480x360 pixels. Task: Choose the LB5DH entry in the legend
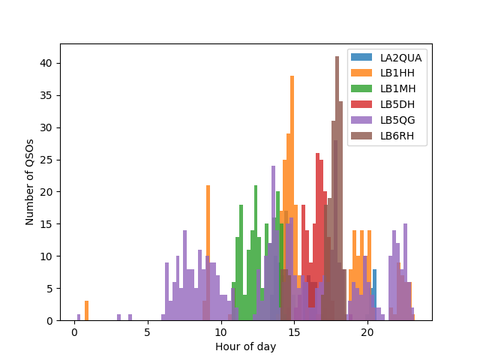click(x=397, y=104)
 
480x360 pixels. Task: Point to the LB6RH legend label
click(x=397, y=136)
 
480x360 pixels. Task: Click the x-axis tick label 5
click(x=148, y=331)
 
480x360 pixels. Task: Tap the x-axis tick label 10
click(x=220, y=331)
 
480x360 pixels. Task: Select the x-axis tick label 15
click(x=294, y=331)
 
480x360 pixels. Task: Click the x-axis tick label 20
click(x=367, y=331)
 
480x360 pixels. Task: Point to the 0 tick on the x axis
click(x=74, y=331)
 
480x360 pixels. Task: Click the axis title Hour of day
click(x=245, y=346)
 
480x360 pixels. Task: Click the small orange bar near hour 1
click(x=87, y=311)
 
